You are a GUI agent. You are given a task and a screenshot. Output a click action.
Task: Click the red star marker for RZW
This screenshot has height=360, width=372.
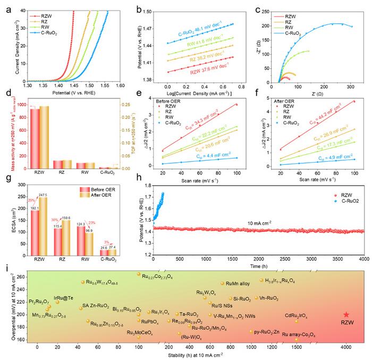click(346, 315)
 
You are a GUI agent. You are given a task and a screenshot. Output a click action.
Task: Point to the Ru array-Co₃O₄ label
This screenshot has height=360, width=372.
click(299, 335)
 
